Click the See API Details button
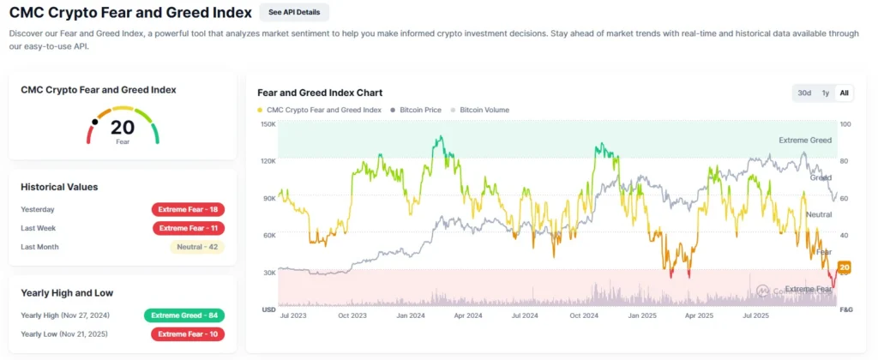pos(294,12)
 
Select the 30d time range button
pos(804,93)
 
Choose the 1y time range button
pos(825,93)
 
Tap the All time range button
pos(844,93)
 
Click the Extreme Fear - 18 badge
pos(188,209)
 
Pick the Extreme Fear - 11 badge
pos(189,228)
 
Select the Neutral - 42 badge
pos(197,247)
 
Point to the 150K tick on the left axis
pos(268,124)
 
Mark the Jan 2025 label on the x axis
pos(643,315)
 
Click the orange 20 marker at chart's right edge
pos(844,268)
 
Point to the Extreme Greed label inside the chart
pos(804,140)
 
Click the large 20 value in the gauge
pos(122,128)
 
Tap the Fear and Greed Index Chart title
pos(320,93)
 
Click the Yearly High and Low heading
pos(67,292)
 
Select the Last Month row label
pos(40,247)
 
